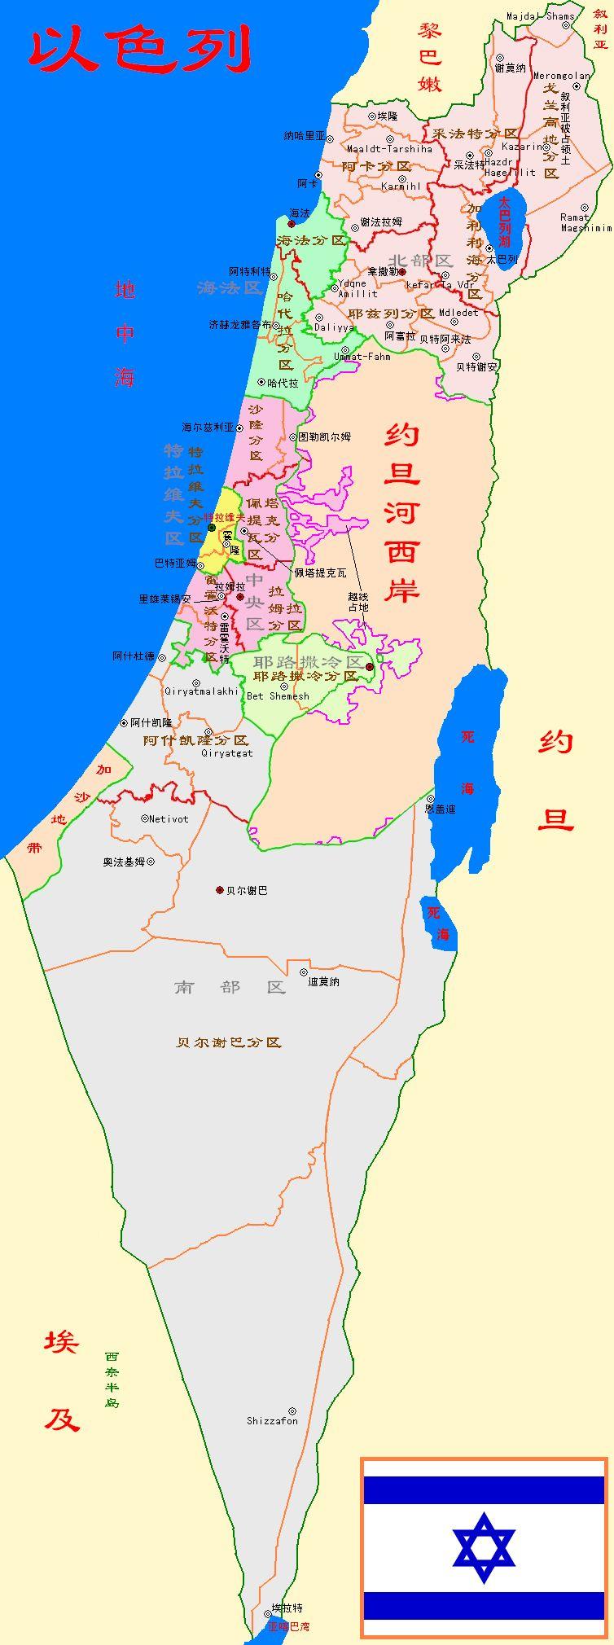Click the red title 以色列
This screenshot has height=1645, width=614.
coord(138,50)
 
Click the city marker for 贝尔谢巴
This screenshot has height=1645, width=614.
coord(219,890)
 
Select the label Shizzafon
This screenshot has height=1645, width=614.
coord(272,1421)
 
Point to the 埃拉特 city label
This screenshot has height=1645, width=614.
coord(287,1608)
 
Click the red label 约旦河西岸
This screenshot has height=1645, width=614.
coord(401,512)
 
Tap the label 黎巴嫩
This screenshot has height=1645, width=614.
coord(429,57)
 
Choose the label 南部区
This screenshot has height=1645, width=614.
coord(230,987)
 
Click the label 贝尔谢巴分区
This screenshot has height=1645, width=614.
coord(229,1042)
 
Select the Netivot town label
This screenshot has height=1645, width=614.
coord(169,818)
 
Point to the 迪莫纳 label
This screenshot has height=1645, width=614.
coord(323,982)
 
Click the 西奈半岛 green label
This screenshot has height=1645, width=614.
coord(112,1380)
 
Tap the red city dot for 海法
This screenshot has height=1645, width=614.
coord(292,223)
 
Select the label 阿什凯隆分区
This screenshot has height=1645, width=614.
coord(195,740)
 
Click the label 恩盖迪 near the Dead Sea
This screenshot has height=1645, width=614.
coord(440,809)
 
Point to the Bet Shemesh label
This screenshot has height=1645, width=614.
coord(278,696)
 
